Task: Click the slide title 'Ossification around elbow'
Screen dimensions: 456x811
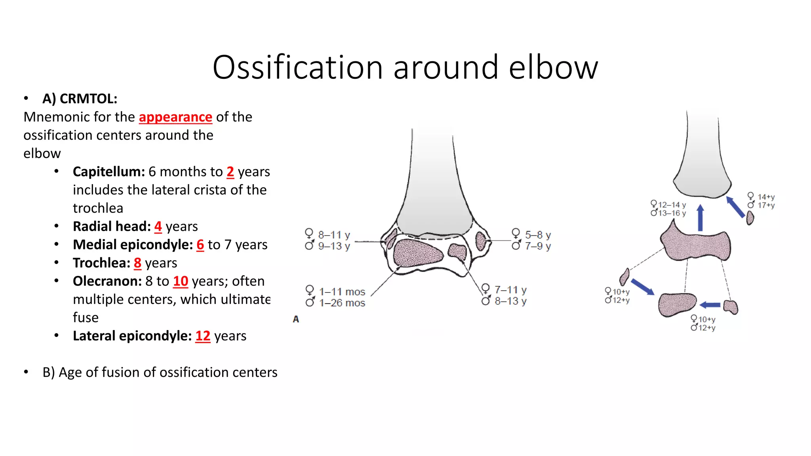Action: tap(405, 67)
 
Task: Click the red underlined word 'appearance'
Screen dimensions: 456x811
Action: tap(175, 117)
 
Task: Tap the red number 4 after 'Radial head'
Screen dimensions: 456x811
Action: tap(158, 226)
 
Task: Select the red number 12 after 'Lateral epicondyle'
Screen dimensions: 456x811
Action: tap(203, 336)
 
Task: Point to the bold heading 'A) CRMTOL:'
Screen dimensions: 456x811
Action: tap(80, 99)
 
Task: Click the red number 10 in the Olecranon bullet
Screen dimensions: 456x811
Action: tap(181, 281)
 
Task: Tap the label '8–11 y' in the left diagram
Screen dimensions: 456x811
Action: tap(334, 235)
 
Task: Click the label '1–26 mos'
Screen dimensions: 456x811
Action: tap(342, 303)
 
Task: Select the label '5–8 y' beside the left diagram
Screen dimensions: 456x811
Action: tap(538, 235)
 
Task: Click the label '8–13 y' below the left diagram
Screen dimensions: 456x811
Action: tap(510, 301)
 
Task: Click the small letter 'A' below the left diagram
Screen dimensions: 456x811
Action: tap(296, 319)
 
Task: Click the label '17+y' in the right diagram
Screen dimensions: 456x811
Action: tap(766, 205)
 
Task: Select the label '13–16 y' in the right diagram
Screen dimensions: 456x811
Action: tap(672, 213)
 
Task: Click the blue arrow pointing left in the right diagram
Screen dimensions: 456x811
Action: tap(710, 305)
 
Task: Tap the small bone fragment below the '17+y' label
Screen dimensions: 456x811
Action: tap(750, 218)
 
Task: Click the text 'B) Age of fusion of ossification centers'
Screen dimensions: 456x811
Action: tap(160, 372)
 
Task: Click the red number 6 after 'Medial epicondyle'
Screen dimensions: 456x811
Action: tap(200, 245)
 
